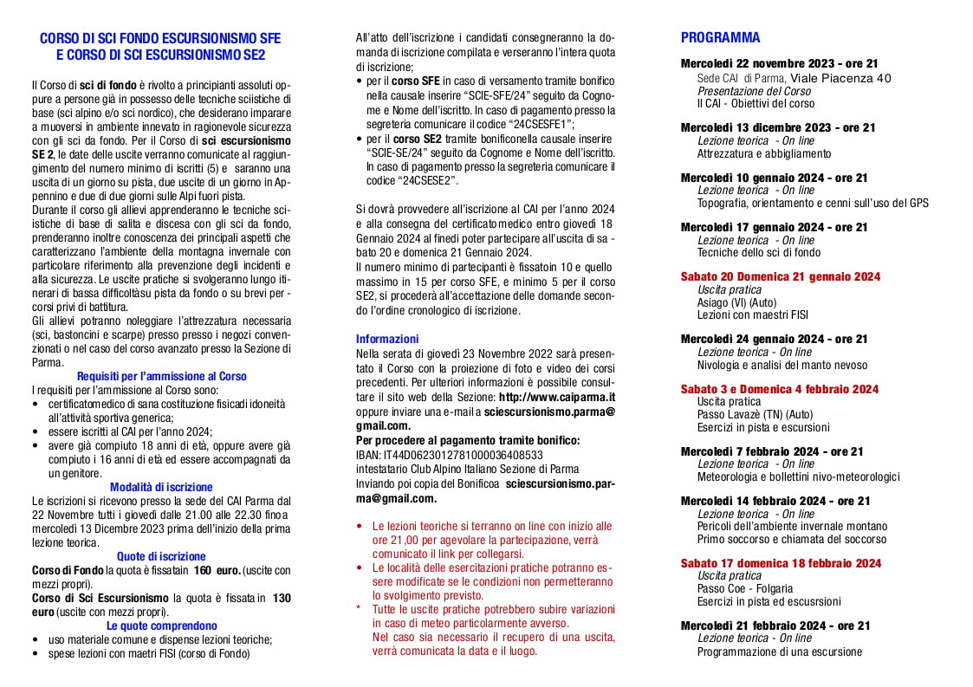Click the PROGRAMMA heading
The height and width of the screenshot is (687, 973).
coord(720,38)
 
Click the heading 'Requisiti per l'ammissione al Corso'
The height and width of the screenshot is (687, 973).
coord(161,376)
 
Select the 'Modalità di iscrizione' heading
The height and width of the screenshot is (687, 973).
coord(161,487)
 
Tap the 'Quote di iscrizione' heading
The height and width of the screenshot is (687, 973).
coord(161,556)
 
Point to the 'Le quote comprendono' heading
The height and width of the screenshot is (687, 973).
coord(161,625)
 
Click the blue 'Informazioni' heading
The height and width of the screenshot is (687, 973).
coord(387,339)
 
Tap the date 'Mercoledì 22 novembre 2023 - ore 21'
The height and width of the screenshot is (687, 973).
coord(779,64)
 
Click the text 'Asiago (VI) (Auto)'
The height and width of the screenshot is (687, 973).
coord(736,303)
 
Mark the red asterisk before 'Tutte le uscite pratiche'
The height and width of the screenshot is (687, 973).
coord(359,609)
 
